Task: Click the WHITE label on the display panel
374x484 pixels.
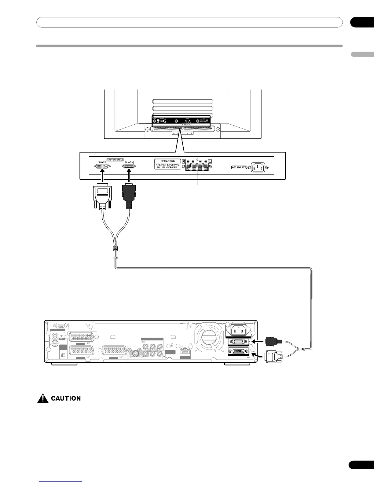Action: click(x=102, y=162)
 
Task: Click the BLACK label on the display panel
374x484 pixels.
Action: click(x=129, y=162)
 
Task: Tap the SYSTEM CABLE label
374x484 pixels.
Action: click(x=115, y=160)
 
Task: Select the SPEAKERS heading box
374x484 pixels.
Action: click(x=168, y=161)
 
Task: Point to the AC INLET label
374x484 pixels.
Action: click(x=239, y=167)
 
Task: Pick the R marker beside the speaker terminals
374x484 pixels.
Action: click(x=184, y=161)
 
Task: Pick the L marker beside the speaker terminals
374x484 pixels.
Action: click(x=210, y=161)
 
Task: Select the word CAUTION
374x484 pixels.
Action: click(x=66, y=398)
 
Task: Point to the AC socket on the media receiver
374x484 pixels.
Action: click(x=238, y=330)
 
